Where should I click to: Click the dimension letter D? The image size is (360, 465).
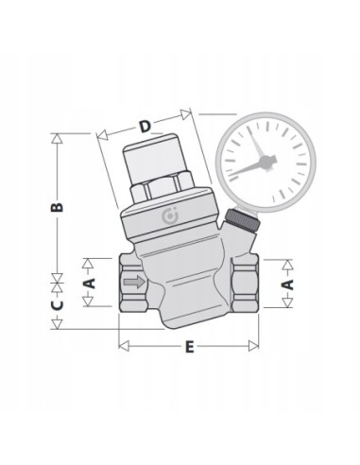(x=144, y=126)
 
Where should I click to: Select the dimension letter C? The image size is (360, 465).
(x=56, y=305)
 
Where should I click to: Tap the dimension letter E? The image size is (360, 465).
(x=189, y=347)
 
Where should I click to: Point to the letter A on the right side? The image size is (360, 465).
(x=290, y=282)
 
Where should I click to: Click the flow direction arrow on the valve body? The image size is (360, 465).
(x=137, y=282)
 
